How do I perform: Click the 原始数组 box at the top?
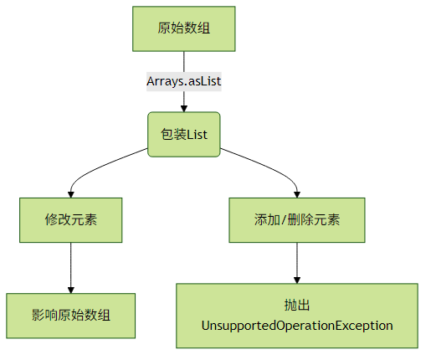coord(184,28)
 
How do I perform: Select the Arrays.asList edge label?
coord(184,81)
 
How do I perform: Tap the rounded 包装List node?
coord(184,134)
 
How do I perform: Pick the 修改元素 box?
coord(71,220)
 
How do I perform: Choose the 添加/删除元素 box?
coord(297,220)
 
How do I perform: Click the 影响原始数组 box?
coord(71,316)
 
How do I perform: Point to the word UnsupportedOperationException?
coord(297,326)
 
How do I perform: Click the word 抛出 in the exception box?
coord(297,305)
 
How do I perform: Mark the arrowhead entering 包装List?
coord(184,109)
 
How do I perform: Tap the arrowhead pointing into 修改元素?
coord(71,194)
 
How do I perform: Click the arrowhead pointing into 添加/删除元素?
coord(297,194)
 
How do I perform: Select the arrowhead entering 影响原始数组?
coord(71,290)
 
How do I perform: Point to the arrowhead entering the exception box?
coord(297,280)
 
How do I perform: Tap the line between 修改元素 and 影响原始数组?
coord(71,265)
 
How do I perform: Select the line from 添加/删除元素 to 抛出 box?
coord(297,260)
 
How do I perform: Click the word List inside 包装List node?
coord(197,135)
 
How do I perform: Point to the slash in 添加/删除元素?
coord(284,220)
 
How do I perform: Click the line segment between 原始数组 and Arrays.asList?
coord(184,62)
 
